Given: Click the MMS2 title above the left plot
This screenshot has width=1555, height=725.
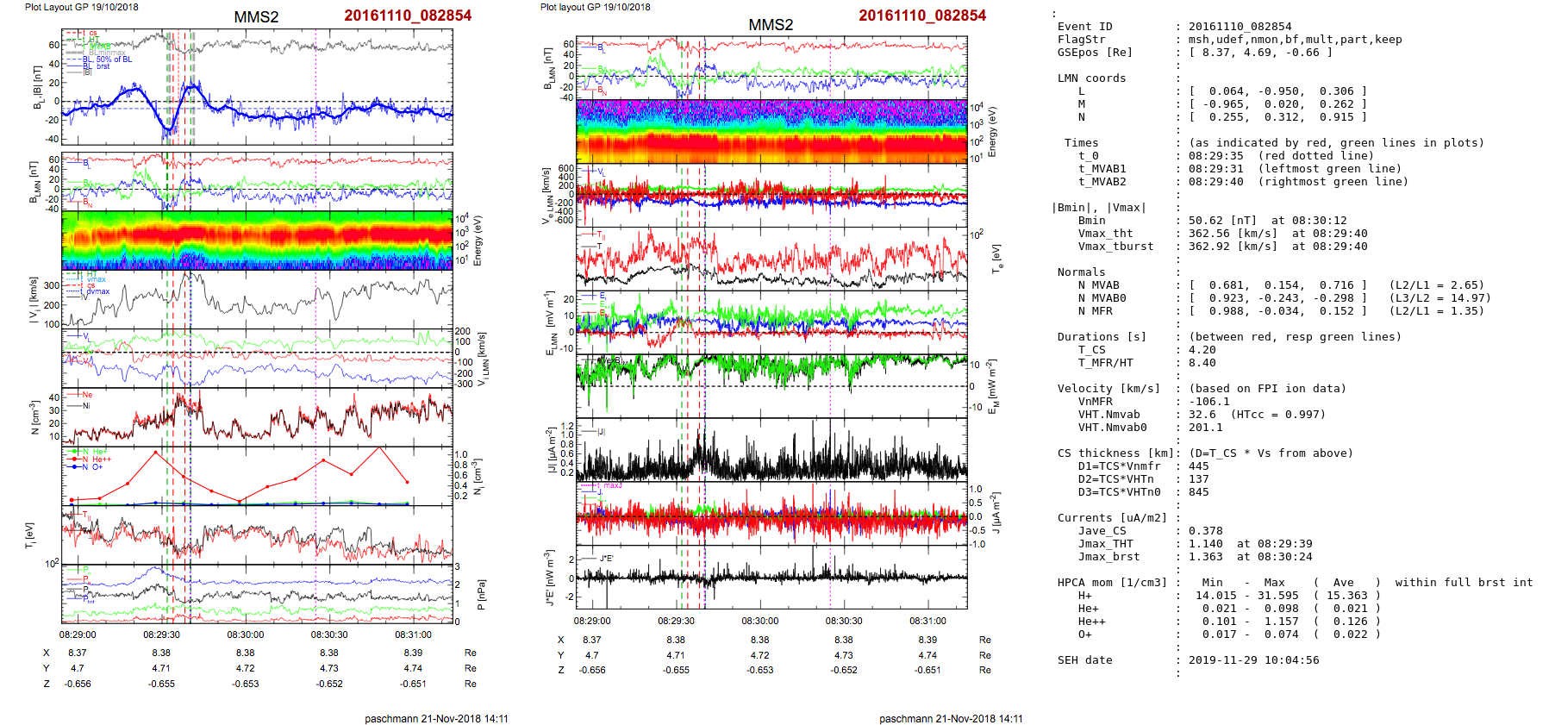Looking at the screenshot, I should click(256, 17).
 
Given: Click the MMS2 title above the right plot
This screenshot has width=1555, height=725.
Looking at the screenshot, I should click(771, 25).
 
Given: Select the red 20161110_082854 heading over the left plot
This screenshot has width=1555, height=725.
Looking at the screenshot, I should click(408, 16).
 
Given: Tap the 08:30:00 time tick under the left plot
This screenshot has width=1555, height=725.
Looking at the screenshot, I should click(246, 634).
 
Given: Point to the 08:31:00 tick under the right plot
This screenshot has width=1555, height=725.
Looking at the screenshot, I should click(927, 621).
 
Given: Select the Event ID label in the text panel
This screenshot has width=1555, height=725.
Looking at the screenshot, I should click(1084, 27).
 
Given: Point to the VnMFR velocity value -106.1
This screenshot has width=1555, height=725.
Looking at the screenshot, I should click(1205, 402).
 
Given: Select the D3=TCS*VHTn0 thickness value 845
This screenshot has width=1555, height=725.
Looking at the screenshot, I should click(1198, 492).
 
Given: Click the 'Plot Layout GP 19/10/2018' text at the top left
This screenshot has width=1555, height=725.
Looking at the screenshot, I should click(82, 7).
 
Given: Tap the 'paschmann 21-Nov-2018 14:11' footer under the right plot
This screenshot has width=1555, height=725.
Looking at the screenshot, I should click(951, 718).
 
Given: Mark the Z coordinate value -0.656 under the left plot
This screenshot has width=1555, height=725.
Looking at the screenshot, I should click(78, 684).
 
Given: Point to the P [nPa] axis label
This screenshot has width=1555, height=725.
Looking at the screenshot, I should click(480, 595).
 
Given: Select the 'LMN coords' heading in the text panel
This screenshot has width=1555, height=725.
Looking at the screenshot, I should click(1091, 78).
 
